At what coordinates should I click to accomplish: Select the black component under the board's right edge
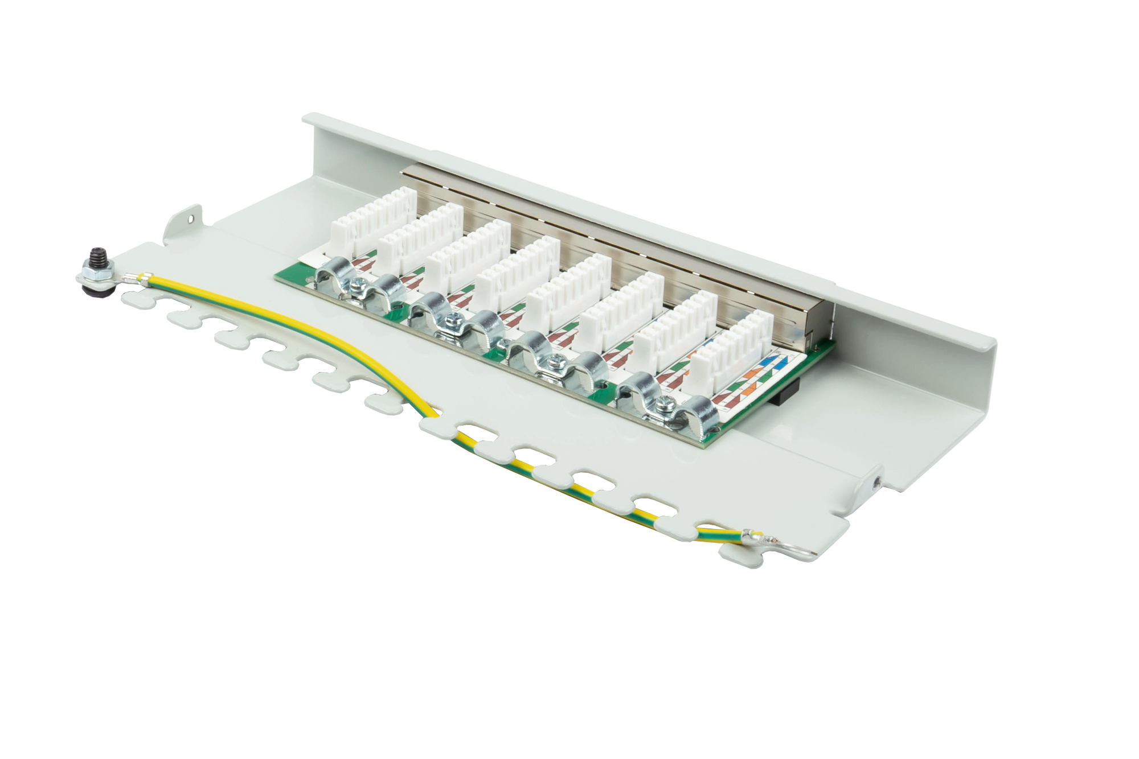(x=775, y=395)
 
